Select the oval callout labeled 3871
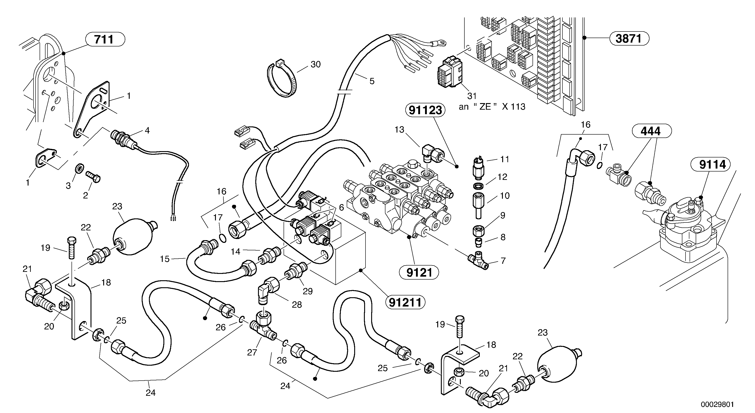point(629,39)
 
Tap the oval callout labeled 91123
point(425,110)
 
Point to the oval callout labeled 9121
point(419,273)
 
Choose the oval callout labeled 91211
point(405,302)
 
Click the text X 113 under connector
point(514,107)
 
